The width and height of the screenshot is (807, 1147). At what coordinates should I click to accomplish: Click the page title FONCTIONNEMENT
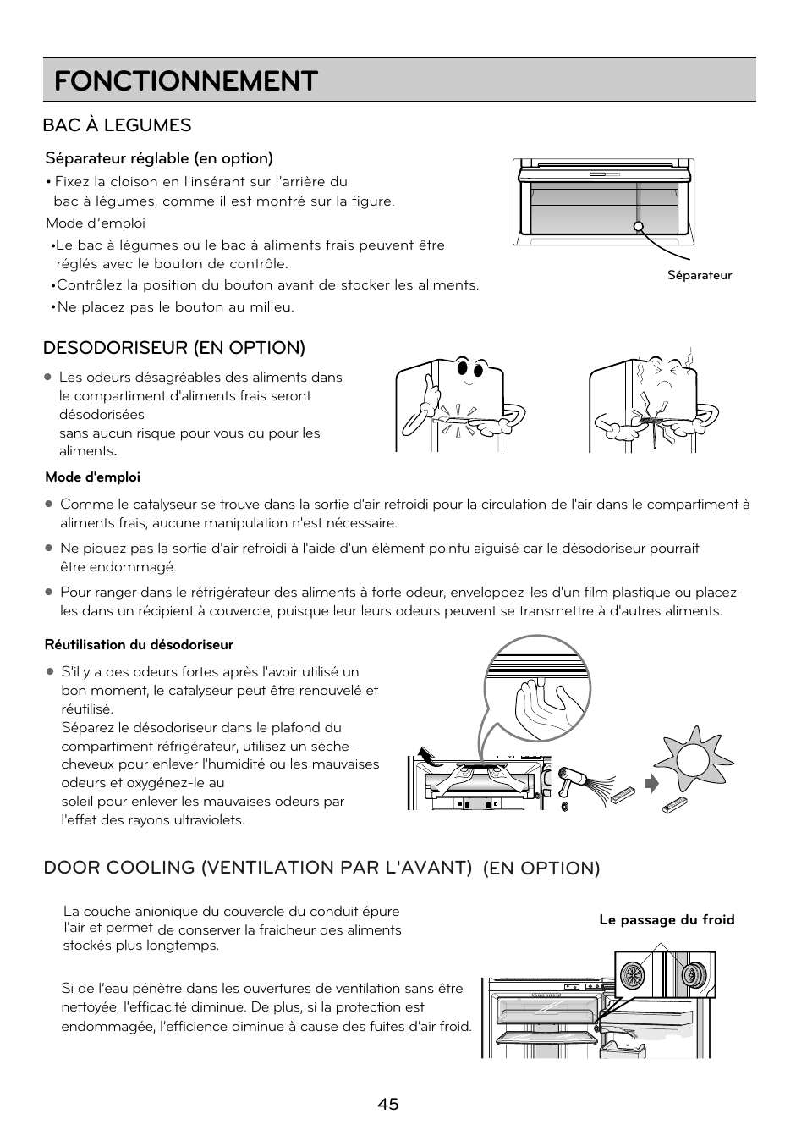tap(185, 81)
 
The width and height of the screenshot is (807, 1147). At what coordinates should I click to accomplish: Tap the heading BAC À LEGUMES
tap(117, 125)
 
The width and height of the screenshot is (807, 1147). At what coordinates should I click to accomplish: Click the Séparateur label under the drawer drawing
tap(699, 275)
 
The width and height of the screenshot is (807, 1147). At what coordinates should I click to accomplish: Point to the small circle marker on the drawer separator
tap(639, 226)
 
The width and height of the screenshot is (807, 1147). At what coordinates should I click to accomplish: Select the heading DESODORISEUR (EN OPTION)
tap(174, 348)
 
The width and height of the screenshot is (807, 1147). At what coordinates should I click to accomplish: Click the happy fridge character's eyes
tap(470, 369)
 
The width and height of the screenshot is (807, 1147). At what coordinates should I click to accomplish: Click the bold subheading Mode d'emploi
tap(92, 477)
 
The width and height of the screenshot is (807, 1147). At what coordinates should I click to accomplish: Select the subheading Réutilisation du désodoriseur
tap(139, 645)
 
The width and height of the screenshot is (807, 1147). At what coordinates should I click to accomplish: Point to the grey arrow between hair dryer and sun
tap(651, 784)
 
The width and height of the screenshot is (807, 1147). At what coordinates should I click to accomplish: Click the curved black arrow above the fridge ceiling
tap(429, 756)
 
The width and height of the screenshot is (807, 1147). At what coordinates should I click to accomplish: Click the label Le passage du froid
tap(667, 920)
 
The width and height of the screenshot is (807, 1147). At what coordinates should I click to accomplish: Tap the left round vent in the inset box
tap(632, 976)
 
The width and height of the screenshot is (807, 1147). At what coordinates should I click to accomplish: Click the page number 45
tap(388, 1104)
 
